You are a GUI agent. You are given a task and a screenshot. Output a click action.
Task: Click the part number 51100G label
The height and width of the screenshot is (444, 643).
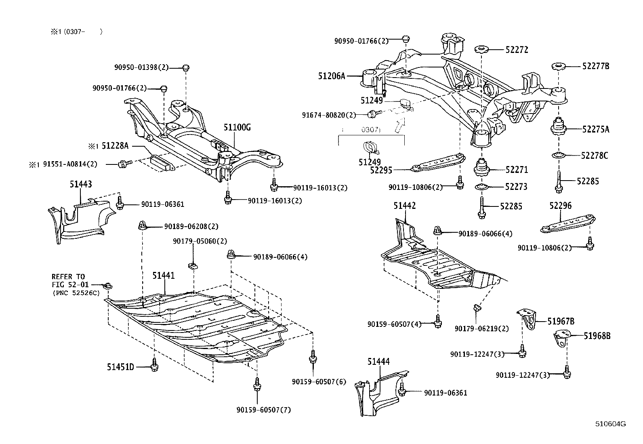point(237,128)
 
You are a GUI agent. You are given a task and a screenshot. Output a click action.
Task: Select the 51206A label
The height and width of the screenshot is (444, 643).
point(331,76)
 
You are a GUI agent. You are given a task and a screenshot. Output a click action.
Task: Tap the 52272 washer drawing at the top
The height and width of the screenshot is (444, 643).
point(481,50)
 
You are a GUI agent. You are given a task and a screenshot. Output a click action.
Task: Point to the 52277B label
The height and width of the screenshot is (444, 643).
point(595,66)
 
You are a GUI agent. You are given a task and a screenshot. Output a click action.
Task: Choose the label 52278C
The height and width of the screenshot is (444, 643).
point(595,155)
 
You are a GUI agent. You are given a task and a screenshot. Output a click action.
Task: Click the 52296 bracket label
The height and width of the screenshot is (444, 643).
point(560,206)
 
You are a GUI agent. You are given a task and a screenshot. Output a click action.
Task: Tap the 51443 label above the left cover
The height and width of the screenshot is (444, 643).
point(80,184)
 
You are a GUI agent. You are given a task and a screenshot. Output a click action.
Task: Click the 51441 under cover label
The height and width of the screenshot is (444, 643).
point(164,276)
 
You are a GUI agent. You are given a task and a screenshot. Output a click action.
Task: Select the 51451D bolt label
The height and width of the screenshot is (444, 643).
point(120,367)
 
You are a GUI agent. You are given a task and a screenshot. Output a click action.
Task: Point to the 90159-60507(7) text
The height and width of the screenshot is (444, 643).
point(264,410)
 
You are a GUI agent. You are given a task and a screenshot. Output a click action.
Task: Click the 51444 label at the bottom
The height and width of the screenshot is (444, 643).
point(378,362)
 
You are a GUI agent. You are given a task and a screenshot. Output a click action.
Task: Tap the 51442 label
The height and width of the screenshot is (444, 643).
point(405,206)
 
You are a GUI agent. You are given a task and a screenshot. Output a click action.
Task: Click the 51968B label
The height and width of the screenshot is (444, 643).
point(597,335)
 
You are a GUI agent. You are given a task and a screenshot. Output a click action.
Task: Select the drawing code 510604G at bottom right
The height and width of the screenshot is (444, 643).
point(610,424)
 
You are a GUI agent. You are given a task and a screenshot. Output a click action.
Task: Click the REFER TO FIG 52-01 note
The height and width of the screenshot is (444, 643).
point(75,285)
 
